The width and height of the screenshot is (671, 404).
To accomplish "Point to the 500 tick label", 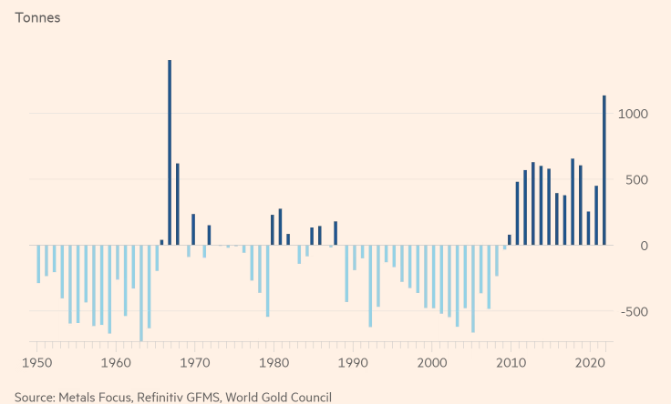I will (634, 179).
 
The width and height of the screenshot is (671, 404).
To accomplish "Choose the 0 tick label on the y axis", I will (643, 246).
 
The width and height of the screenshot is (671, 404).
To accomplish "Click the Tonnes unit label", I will (37, 18).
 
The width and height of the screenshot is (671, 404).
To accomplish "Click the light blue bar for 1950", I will (38, 264).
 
